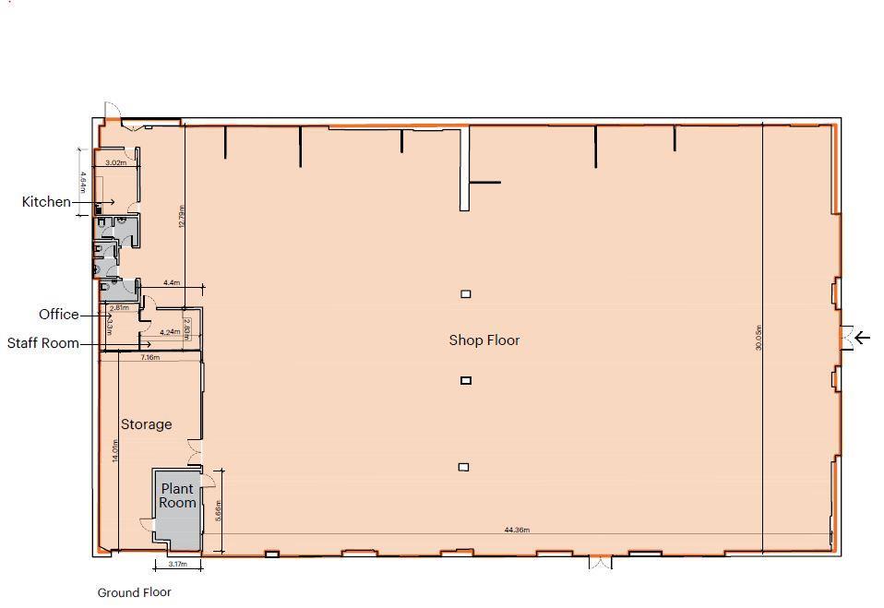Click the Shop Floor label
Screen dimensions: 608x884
484,340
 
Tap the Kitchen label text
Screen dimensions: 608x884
46,202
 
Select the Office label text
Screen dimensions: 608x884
59,315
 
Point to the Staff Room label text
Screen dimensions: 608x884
42,343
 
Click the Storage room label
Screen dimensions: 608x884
146,424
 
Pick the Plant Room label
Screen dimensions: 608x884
177,495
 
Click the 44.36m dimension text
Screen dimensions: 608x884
517,531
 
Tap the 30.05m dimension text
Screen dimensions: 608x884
759,338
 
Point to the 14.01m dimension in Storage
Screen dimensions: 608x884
115,451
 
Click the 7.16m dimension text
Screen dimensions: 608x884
149,357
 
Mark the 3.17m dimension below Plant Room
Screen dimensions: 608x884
177,564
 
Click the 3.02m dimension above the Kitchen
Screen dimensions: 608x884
115,163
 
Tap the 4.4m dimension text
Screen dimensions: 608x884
172,283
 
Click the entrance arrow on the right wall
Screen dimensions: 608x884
862,338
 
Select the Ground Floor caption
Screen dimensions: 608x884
135,592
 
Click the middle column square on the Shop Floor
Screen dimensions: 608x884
466,380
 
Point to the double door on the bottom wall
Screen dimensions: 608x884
600,562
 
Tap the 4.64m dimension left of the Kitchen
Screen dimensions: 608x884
82,181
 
